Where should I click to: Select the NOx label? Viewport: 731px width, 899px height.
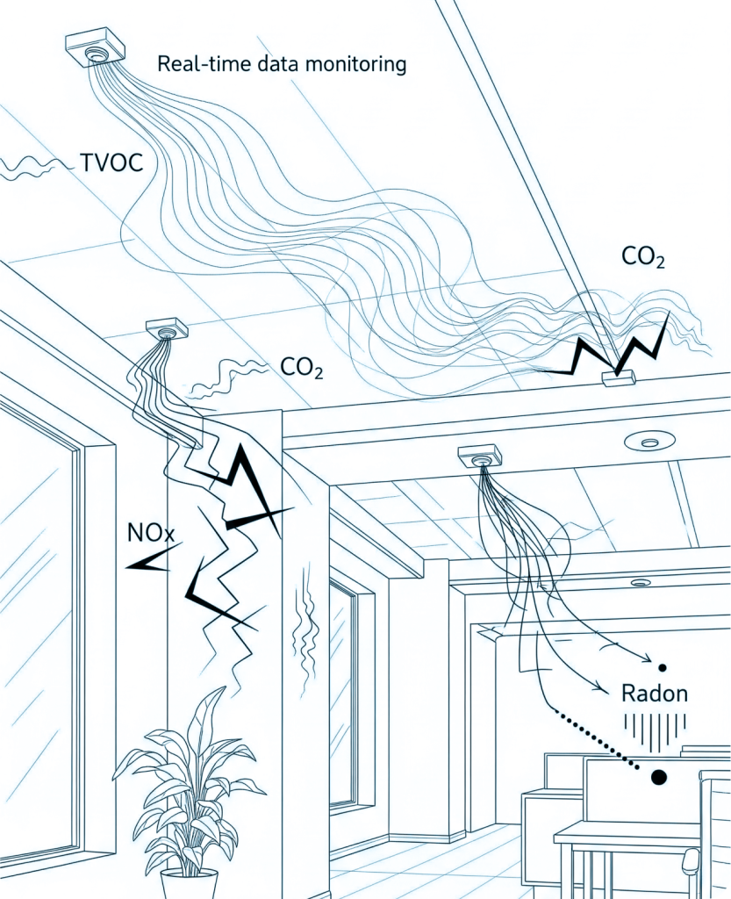coord(152,532)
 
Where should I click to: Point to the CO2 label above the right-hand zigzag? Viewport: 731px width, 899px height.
coord(643,257)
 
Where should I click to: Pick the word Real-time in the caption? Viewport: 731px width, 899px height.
coord(191,63)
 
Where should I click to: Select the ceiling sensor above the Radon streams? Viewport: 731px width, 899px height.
coord(479,456)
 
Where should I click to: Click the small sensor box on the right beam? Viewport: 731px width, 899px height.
coord(618,378)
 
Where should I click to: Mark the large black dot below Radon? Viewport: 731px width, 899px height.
coord(658,777)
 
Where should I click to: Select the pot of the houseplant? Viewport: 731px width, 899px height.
coord(189,883)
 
